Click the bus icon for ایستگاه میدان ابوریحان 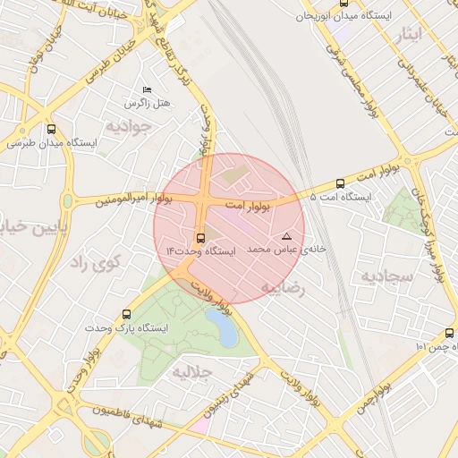343,4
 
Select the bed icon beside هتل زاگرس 148,90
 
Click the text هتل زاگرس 148,105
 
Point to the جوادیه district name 130,126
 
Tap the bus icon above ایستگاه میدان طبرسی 51,129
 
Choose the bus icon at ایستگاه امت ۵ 340,183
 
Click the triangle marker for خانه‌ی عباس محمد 286,236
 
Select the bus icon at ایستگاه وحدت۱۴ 199,239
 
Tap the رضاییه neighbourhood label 282,288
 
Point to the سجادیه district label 386,276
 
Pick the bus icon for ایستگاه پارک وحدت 126,314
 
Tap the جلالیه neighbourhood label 191,369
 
